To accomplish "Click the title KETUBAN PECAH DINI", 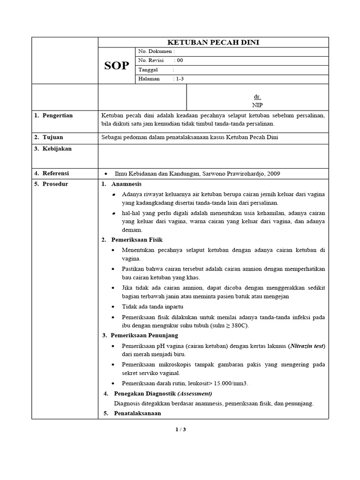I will tap(214, 43).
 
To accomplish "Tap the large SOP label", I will tap(116, 66).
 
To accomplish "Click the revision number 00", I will tap(180, 60).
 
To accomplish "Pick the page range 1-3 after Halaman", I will tap(180, 79).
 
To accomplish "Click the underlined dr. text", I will tap(257, 96).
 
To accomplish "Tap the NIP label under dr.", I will tap(257, 105).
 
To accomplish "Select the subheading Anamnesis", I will tap(126, 184).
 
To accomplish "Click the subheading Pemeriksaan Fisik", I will tap(136, 240).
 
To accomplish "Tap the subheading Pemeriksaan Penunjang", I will tap(144, 335).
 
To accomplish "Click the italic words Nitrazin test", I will tap(306, 346).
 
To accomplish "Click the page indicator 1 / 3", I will tap(180, 429).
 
